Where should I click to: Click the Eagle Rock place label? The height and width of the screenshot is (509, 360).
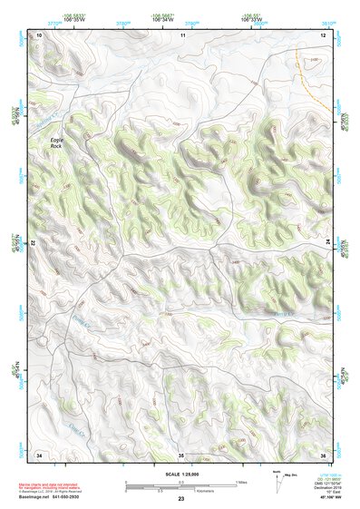point(58,144)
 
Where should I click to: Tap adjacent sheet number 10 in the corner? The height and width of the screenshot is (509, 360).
point(39,34)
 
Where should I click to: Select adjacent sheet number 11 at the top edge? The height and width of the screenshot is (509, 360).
point(182,34)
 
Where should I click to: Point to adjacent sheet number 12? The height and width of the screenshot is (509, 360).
point(323,34)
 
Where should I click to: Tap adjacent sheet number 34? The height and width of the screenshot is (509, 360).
point(39,454)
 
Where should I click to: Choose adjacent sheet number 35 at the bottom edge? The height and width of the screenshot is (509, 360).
point(180,454)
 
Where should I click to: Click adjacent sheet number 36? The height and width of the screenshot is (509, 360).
point(323,454)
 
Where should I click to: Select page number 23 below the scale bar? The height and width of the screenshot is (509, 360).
point(180,499)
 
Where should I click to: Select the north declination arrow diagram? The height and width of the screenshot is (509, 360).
point(278,482)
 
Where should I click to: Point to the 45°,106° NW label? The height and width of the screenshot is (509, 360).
point(319,498)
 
